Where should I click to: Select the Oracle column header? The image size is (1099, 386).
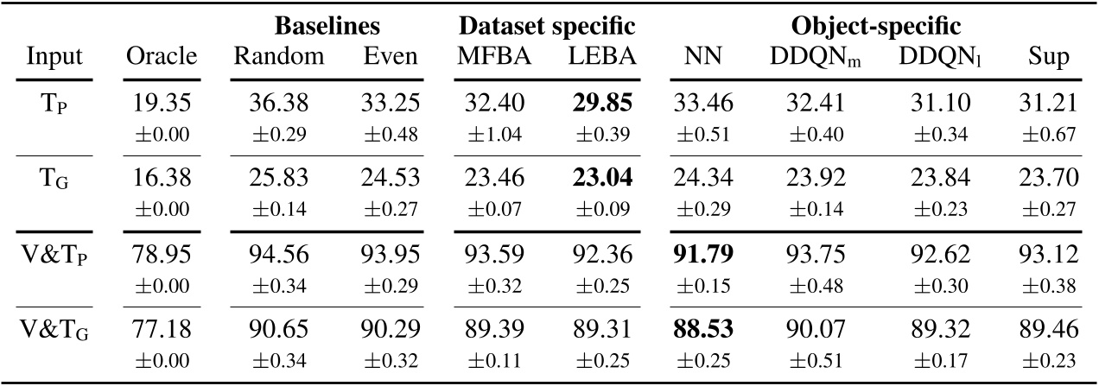[162, 57]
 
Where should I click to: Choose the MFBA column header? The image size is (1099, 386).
[490, 57]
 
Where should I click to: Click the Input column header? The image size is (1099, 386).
[54, 57]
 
